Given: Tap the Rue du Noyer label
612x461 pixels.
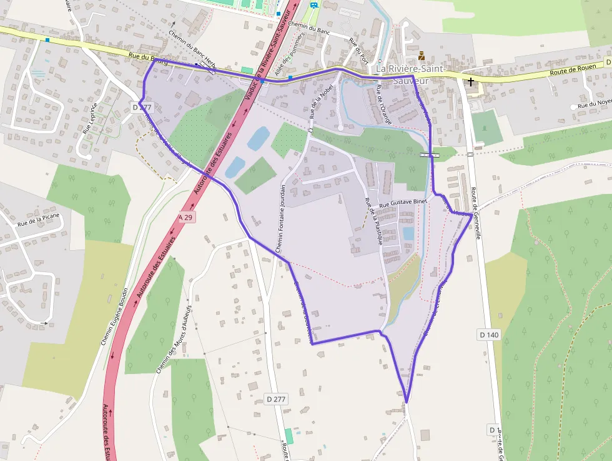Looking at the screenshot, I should tap(594, 106).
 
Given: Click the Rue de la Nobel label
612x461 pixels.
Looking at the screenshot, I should tap(320, 101).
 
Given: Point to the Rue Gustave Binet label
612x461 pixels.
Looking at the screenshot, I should tap(402, 204).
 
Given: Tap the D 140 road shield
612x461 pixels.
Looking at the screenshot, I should tap(489, 335).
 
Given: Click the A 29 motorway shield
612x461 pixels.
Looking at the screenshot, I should tap(187, 216).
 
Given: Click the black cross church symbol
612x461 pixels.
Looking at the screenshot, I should tap(470, 81).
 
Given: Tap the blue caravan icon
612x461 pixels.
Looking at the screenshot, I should tap(313, 5).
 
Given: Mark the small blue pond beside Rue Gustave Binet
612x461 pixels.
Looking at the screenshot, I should tap(408, 233).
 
